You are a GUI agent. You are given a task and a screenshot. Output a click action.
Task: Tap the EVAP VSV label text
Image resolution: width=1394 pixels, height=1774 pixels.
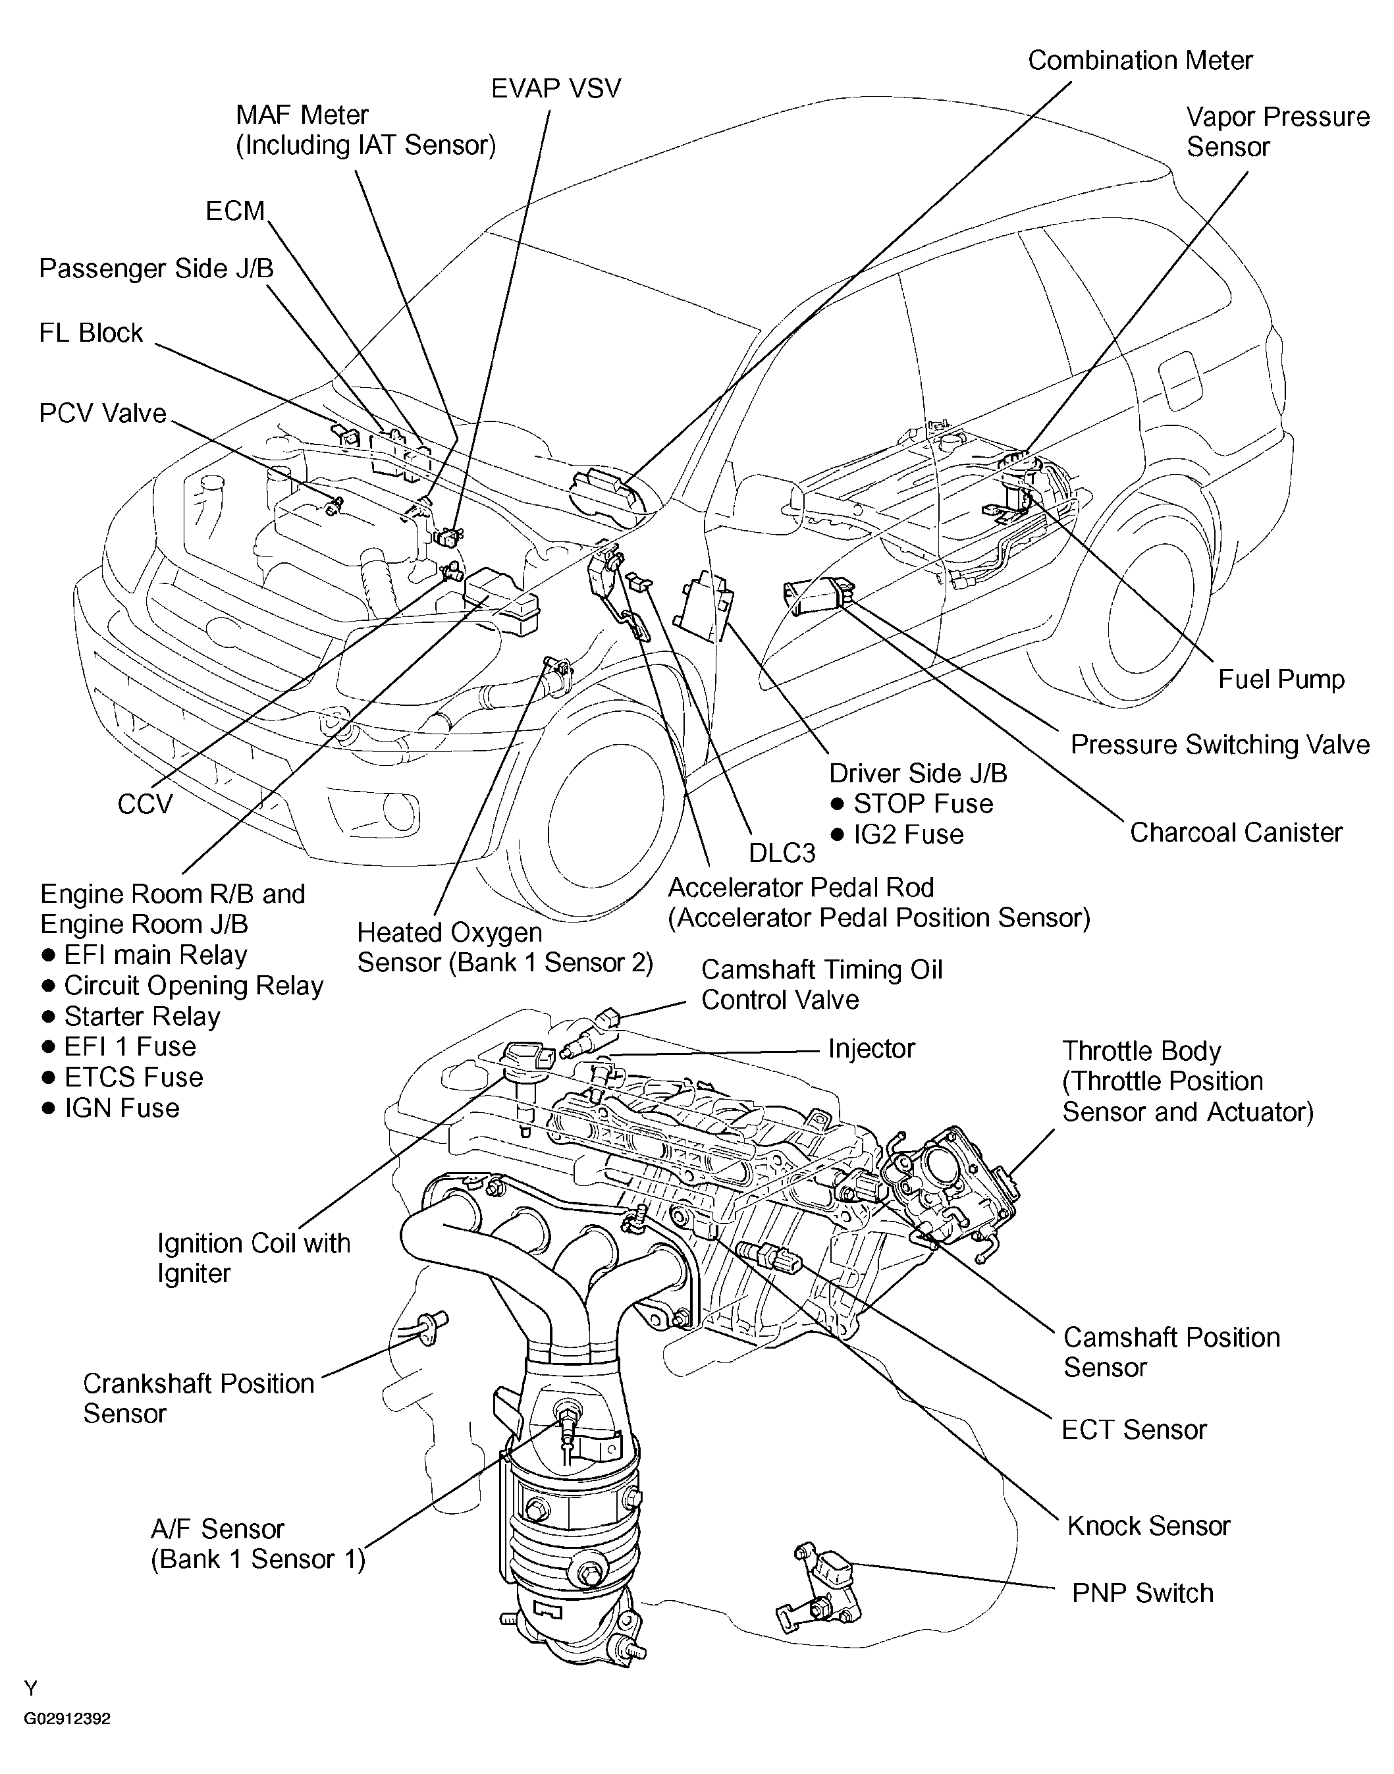coord(556,88)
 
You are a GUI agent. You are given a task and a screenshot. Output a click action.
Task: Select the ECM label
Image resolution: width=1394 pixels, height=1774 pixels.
coord(235,211)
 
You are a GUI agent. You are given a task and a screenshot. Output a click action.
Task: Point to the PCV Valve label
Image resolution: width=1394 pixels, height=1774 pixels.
coord(103,413)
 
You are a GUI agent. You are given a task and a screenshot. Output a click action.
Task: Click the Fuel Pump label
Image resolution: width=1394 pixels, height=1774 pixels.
coord(1281,679)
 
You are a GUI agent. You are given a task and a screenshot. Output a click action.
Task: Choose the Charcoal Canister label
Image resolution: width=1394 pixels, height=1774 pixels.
coord(1236,832)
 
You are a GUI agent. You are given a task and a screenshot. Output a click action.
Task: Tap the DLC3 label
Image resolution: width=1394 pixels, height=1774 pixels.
coord(782,853)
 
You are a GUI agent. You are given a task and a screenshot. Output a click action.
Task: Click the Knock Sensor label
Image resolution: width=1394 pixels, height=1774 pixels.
coord(1148,1526)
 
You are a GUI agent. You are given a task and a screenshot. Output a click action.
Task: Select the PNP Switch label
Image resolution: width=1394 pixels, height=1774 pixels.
coord(1142,1593)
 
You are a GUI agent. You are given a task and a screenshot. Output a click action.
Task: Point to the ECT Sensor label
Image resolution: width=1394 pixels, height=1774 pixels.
coord(1134,1430)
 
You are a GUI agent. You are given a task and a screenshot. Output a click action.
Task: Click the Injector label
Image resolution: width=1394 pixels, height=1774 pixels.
coord(871,1048)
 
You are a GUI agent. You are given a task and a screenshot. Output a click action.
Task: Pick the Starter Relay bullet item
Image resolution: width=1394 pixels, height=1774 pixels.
coord(142,1017)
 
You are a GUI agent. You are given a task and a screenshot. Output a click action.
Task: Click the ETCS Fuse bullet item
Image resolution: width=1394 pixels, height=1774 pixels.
coord(133,1077)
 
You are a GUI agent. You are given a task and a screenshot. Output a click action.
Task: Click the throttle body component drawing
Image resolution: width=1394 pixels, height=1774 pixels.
coord(951,1183)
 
